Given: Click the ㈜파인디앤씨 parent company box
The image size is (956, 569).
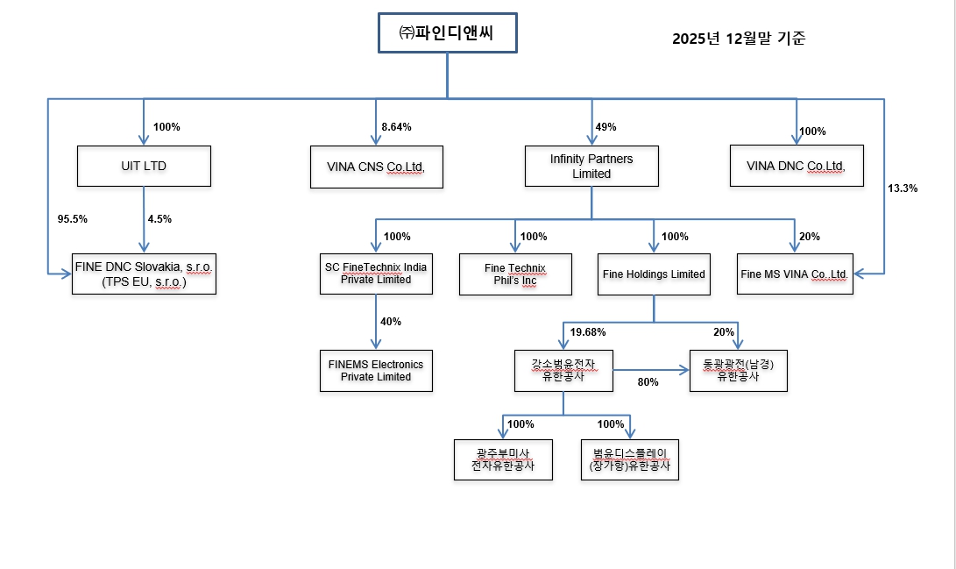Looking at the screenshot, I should tap(447, 33).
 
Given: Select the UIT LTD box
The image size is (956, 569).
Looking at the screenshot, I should tap(144, 166).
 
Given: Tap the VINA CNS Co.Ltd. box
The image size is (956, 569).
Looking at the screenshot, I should tap(376, 166).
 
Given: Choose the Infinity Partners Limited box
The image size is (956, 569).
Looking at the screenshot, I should tap(591, 167).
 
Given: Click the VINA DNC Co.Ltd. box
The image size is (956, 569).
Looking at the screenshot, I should tap(796, 166).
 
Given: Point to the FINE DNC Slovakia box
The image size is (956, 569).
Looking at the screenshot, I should tap(144, 274).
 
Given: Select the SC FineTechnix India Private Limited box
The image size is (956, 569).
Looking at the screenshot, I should tap(376, 274).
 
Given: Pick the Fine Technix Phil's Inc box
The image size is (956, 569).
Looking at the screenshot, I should tap(515, 274).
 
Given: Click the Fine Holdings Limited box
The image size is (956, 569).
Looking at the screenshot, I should tap(654, 274).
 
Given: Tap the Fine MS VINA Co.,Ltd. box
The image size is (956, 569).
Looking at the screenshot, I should tap(795, 274).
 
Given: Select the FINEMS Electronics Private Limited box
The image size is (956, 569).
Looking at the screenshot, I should tap(376, 370).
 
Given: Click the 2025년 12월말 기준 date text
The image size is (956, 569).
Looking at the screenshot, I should tap(739, 39).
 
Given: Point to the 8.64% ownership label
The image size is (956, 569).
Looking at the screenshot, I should tap(396, 127).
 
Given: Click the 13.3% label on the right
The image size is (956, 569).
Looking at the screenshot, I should tap(903, 188).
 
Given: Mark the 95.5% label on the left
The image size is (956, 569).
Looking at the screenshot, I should tap(72, 219).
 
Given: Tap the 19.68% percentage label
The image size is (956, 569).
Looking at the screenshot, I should tap(587, 332).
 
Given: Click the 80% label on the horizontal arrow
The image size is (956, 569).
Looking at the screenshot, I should tap(648, 382).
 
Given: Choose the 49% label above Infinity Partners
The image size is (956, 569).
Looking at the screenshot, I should tap(605, 127).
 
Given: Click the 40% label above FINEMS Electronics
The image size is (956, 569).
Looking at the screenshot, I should tap(391, 322).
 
